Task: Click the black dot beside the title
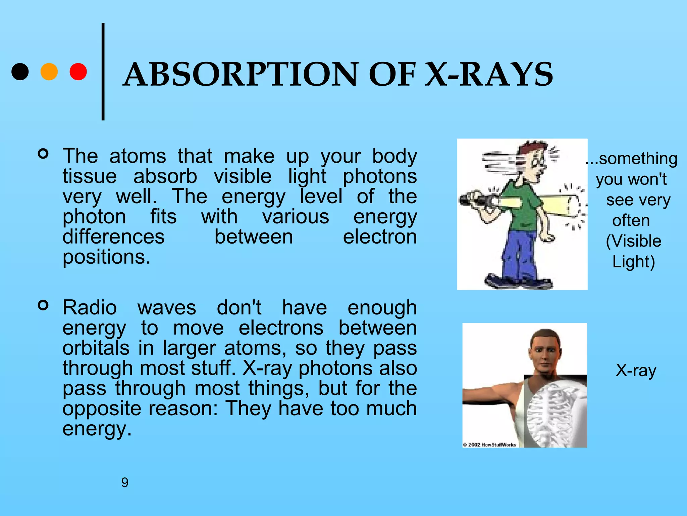pos(20,72)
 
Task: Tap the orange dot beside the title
pos(49,72)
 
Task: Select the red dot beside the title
pos(78,72)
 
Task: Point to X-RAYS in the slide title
pos(489,75)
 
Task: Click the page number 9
pos(125,482)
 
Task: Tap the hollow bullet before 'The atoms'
pos(43,154)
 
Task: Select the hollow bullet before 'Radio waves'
pos(43,305)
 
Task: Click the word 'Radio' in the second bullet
pos(90,308)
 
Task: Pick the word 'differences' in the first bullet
pos(113,237)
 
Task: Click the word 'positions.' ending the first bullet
pos(106,257)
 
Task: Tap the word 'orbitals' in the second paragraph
pos(96,348)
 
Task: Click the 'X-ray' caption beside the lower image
pos(636,371)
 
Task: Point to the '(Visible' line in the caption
pos(633,241)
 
